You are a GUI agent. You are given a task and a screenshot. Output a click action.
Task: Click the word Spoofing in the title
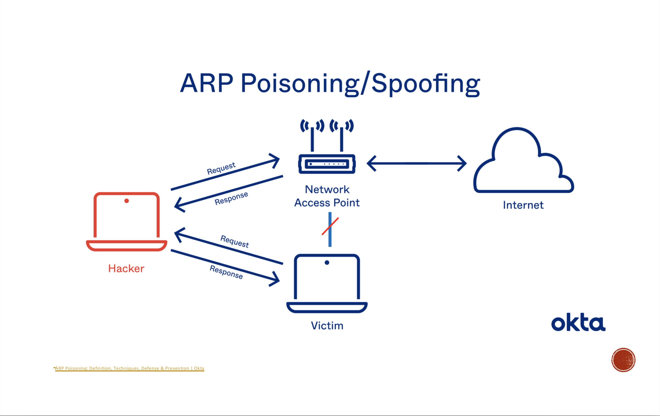click(426, 84)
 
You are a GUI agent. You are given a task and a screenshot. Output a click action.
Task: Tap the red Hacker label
click(126, 268)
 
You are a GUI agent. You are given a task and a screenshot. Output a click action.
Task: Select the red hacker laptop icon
click(127, 222)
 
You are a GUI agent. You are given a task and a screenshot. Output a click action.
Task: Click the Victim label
click(327, 325)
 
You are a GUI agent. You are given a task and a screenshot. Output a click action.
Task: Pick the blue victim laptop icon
click(327, 283)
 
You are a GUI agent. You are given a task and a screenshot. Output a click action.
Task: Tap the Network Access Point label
click(327, 196)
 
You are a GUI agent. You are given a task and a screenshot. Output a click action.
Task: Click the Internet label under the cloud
click(523, 205)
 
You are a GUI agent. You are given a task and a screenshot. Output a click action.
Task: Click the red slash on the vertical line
click(330, 226)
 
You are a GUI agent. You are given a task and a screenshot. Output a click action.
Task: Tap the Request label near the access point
click(221, 168)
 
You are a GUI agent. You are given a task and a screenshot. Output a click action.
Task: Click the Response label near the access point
click(231, 198)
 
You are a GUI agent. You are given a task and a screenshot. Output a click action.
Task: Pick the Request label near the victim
click(235, 242)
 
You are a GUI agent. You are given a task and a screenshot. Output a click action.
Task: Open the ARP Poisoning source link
click(130, 368)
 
